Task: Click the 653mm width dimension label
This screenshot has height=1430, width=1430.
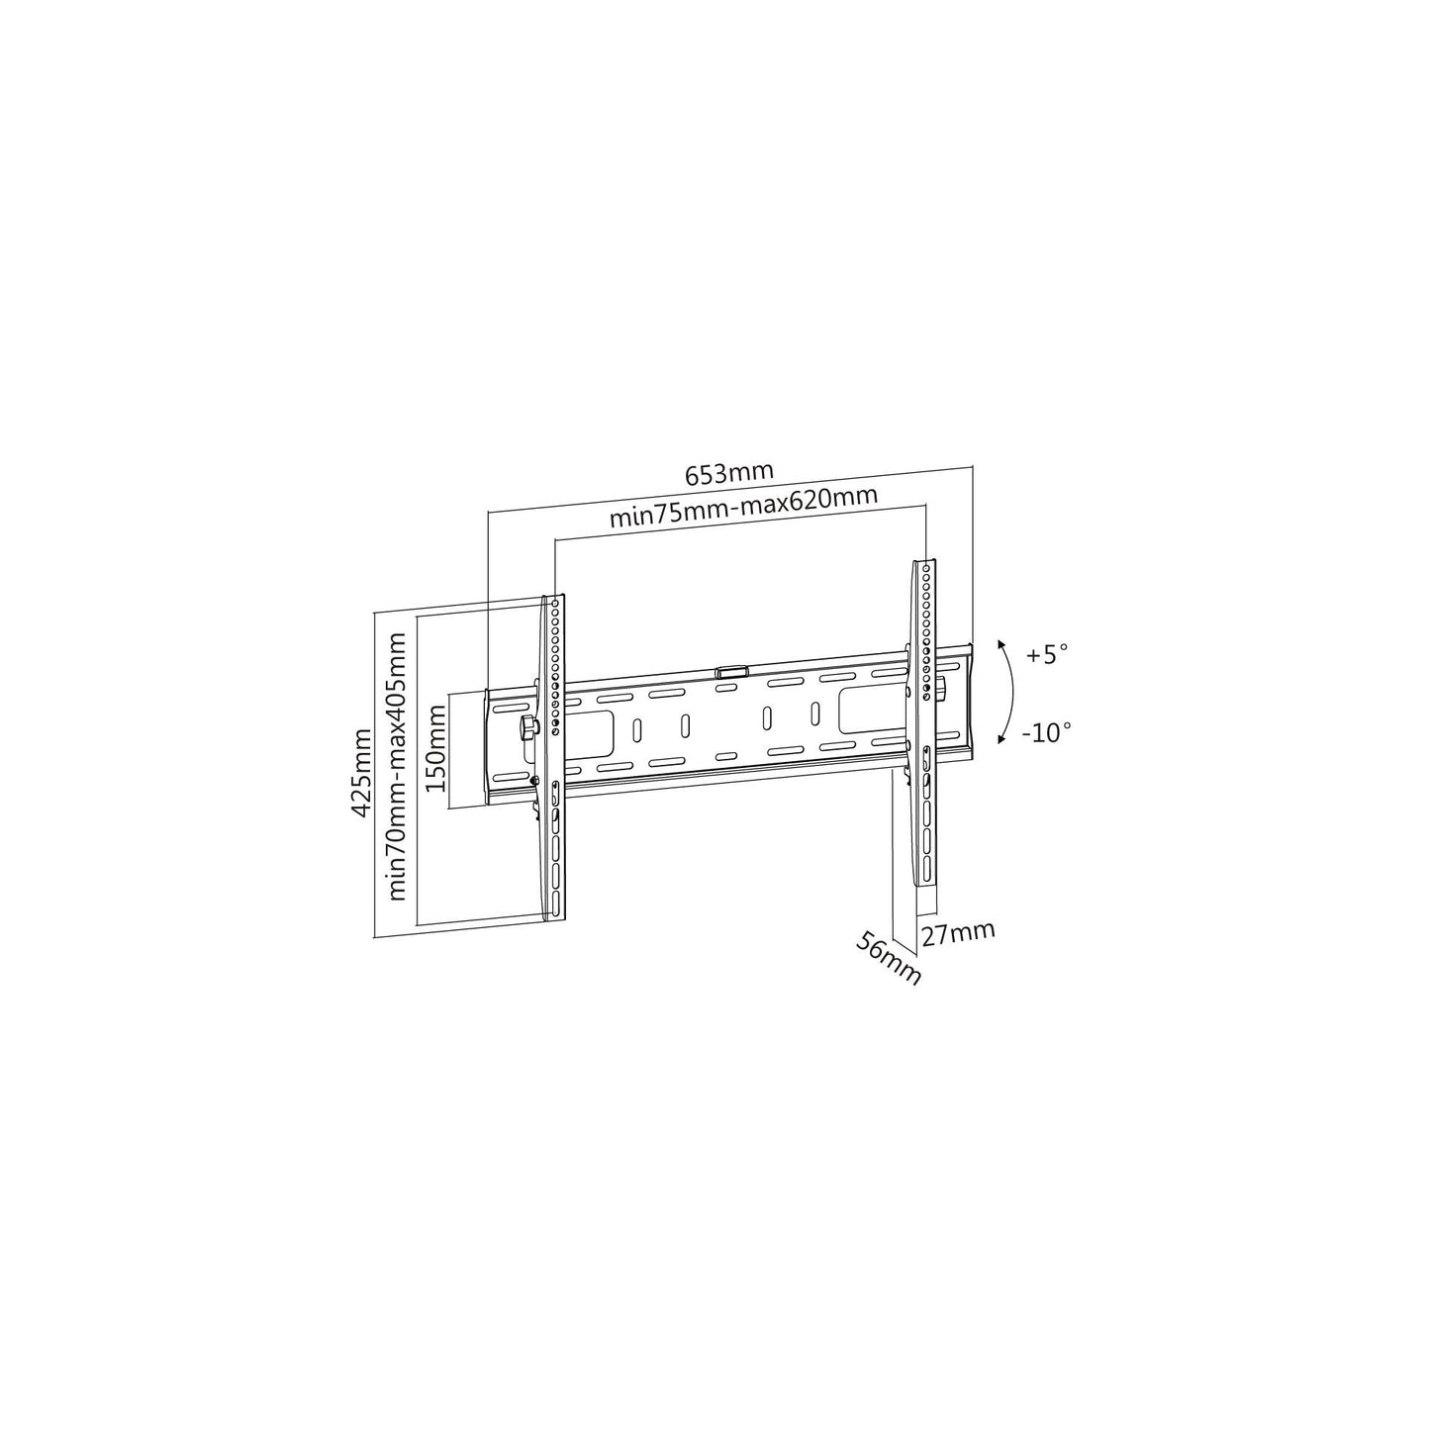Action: point(729,473)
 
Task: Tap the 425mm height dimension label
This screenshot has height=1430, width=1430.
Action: point(362,772)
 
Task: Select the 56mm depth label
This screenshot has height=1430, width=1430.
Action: point(889,958)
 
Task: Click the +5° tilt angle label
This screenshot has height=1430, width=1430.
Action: point(1047,654)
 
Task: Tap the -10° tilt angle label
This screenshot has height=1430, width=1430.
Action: point(1047,732)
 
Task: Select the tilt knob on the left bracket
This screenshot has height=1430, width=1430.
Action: point(526,727)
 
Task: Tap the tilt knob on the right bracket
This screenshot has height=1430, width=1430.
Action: point(940,686)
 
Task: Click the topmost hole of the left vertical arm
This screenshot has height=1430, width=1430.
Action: point(556,601)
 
